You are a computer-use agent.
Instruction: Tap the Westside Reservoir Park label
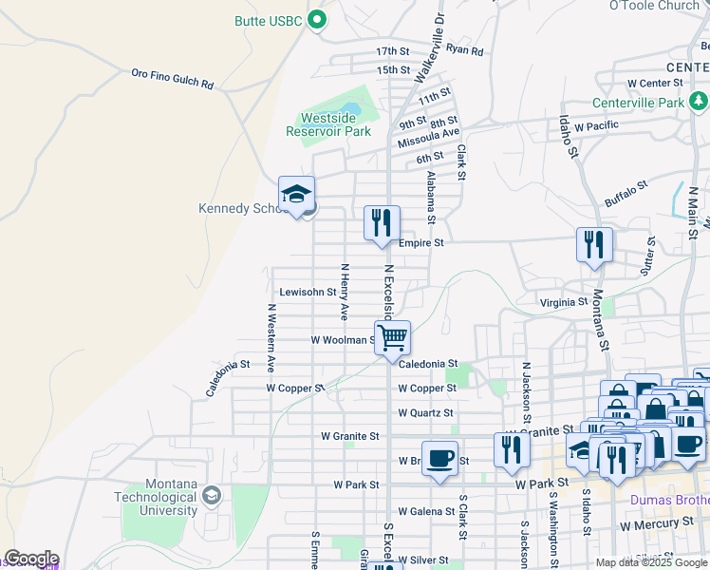click(x=328, y=124)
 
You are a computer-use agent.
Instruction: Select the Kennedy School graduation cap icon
click(x=296, y=195)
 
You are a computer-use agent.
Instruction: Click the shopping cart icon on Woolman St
click(x=392, y=337)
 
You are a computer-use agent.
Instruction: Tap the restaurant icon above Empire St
click(x=382, y=224)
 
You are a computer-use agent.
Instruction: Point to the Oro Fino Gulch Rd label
click(x=172, y=78)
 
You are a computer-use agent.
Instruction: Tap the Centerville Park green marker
click(x=699, y=100)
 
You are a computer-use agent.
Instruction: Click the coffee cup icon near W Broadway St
click(x=439, y=458)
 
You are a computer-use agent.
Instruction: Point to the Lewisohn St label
click(x=308, y=293)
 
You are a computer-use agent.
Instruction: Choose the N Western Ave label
click(x=271, y=336)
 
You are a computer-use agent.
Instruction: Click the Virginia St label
click(x=564, y=302)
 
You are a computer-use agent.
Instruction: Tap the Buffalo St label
click(x=626, y=193)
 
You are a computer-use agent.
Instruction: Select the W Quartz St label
click(x=425, y=413)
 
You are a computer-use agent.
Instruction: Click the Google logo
click(x=31, y=559)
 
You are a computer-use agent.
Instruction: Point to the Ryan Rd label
click(x=464, y=50)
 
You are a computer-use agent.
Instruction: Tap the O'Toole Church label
click(x=654, y=6)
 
